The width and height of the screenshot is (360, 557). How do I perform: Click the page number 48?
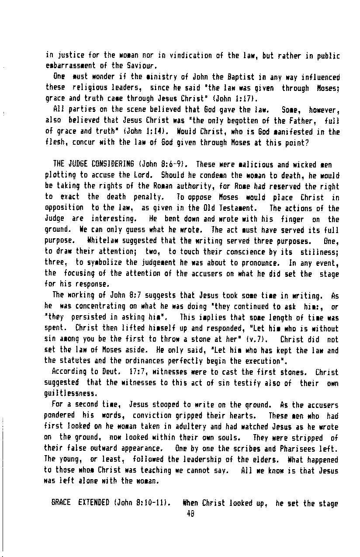(x=190, y=514)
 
